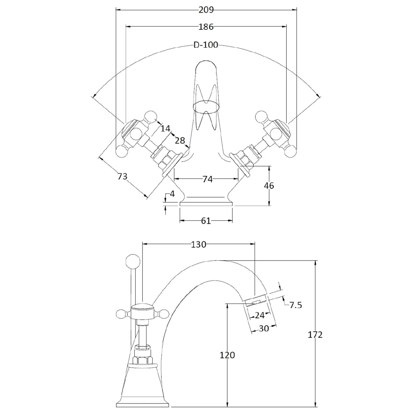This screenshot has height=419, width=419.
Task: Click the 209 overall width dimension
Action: (x=206, y=10)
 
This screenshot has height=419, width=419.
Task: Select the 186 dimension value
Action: (x=206, y=27)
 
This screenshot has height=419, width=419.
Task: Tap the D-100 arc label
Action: (x=206, y=45)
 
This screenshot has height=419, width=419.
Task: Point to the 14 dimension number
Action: (x=165, y=129)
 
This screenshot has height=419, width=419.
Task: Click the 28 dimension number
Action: (x=180, y=141)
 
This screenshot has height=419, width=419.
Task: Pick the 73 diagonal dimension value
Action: (x=122, y=176)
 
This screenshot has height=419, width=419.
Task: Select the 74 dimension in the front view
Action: (x=208, y=179)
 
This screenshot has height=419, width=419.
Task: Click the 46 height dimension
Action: (x=269, y=186)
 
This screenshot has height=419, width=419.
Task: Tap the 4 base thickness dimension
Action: (x=172, y=194)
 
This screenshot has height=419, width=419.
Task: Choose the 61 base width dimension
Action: (x=206, y=221)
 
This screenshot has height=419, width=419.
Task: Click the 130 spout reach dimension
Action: (x=198, y=245)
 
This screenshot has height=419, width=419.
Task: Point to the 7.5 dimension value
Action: (x=296, y=305)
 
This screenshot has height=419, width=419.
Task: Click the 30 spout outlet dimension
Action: (x=264, y=328)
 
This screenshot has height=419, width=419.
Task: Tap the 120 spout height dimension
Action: (x=227, y=355)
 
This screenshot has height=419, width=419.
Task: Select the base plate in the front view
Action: (x=206, y=204)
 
